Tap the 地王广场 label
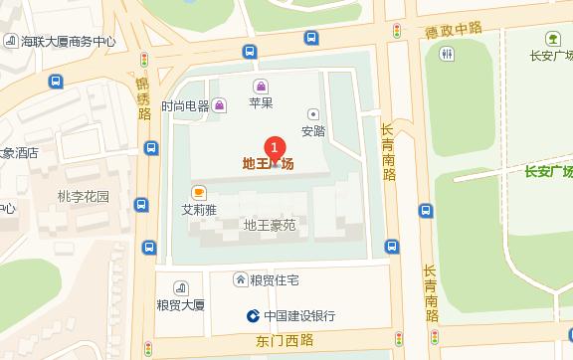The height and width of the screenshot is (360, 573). [269, 164]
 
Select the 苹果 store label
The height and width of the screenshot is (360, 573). [261, 102]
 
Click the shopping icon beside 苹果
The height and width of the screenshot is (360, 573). [261, 87]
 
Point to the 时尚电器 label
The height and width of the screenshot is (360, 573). [185, 105]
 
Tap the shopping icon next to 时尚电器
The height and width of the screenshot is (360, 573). [219, 105]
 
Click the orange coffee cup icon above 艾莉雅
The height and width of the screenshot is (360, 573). [199, 192]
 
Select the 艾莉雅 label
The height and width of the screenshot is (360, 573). [199, 210]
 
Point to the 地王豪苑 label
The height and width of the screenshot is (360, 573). [270, 226]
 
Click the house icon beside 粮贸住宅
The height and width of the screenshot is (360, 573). [240, 280]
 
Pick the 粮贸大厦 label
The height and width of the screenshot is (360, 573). [180, 304]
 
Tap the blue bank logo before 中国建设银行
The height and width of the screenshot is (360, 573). [254, 316]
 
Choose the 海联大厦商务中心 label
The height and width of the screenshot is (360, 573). [69, 42]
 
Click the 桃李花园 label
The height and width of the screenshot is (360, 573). [84, 196]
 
